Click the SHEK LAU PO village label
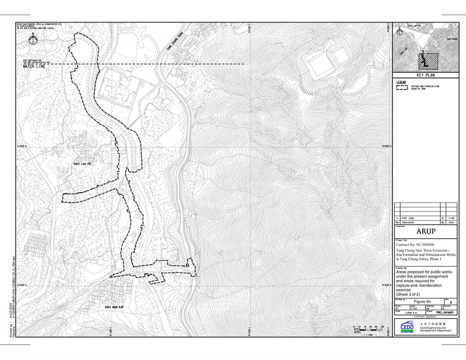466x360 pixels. [x=82, y=164]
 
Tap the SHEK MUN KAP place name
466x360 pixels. [x=113, y=307]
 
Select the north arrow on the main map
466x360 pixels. [x=33, y=40]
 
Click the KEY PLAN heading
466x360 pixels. [x=425, y=75]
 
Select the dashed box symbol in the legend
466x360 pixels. [x=402, y=87]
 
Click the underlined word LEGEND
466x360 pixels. [x=401, y=82]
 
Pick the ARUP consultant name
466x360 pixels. [x=425, y=232]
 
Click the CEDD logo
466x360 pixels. [x=407, y=326]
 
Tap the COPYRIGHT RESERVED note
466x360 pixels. [x=425, y=317]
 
